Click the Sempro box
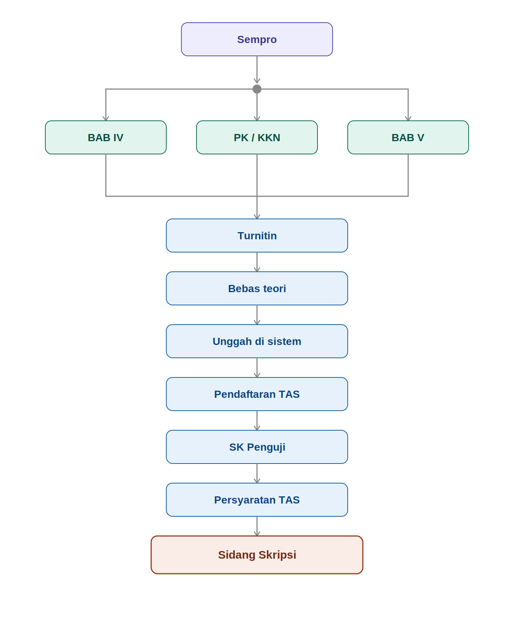coord(257,39)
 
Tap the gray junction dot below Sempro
coord(257,89)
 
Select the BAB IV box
coord(106,137)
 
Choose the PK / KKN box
coord(257,137)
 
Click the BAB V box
coord(408,137)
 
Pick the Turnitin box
coord(257,236)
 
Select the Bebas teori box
coord(257,288)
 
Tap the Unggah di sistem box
coord(257,341)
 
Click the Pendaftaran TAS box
coord(257,394)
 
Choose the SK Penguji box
coord(257,447)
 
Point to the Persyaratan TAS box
coord(257,500)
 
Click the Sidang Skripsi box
coord(257,555)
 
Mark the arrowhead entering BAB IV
coord(106,119)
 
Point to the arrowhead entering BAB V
coord(408,119)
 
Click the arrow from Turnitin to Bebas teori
coord(257,262)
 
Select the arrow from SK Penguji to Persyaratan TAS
coord(257,473)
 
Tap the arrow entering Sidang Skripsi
coord(257,526)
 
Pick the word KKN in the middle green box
coord(269,137)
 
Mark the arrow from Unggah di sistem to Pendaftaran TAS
coord(257,368)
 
